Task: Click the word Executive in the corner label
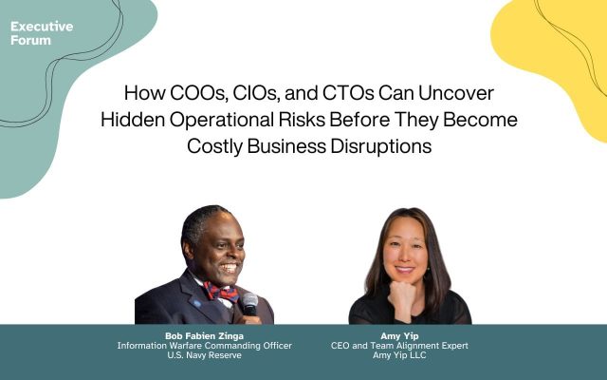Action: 42,27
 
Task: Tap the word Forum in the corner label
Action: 30,40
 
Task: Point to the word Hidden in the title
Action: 133,120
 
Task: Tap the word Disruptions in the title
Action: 381,146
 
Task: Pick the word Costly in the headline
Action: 214,146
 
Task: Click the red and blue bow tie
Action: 222,292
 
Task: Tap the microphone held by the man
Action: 250,304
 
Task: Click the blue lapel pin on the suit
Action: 196,303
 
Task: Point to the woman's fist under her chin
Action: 401,294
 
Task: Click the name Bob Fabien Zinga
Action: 205,335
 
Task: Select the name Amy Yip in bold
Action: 399,335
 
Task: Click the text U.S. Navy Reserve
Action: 205,355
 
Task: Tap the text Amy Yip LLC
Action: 399,355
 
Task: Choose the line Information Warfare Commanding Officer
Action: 205,346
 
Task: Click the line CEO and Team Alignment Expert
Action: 399,346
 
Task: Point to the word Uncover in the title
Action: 456,93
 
